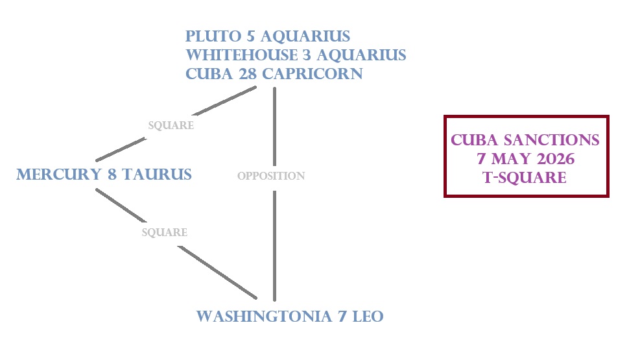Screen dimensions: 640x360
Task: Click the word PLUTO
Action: point(213,36)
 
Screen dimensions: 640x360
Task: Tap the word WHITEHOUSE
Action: point(242,55)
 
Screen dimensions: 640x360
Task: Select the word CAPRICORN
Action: point(313,74)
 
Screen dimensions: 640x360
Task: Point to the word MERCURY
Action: point(59,174)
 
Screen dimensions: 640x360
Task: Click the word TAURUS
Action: point(157,174)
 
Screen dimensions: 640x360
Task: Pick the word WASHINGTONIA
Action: point(264,317)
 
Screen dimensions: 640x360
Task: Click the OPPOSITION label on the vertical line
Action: point(271,176)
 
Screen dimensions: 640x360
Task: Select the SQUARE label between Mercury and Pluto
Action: point(171,125)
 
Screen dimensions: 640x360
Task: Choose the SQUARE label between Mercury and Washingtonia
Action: point(165,232)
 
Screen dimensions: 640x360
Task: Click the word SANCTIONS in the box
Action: point(551,140)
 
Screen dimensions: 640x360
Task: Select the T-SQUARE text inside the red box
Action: point(525,178)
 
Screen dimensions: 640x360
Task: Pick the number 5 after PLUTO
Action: point(250,36)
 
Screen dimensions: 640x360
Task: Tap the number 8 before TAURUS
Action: point(112,174)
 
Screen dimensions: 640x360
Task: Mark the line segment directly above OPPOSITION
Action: point(274,126)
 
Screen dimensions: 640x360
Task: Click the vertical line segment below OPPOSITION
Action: point(274,246)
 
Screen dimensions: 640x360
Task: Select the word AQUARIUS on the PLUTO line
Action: point(305,36)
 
